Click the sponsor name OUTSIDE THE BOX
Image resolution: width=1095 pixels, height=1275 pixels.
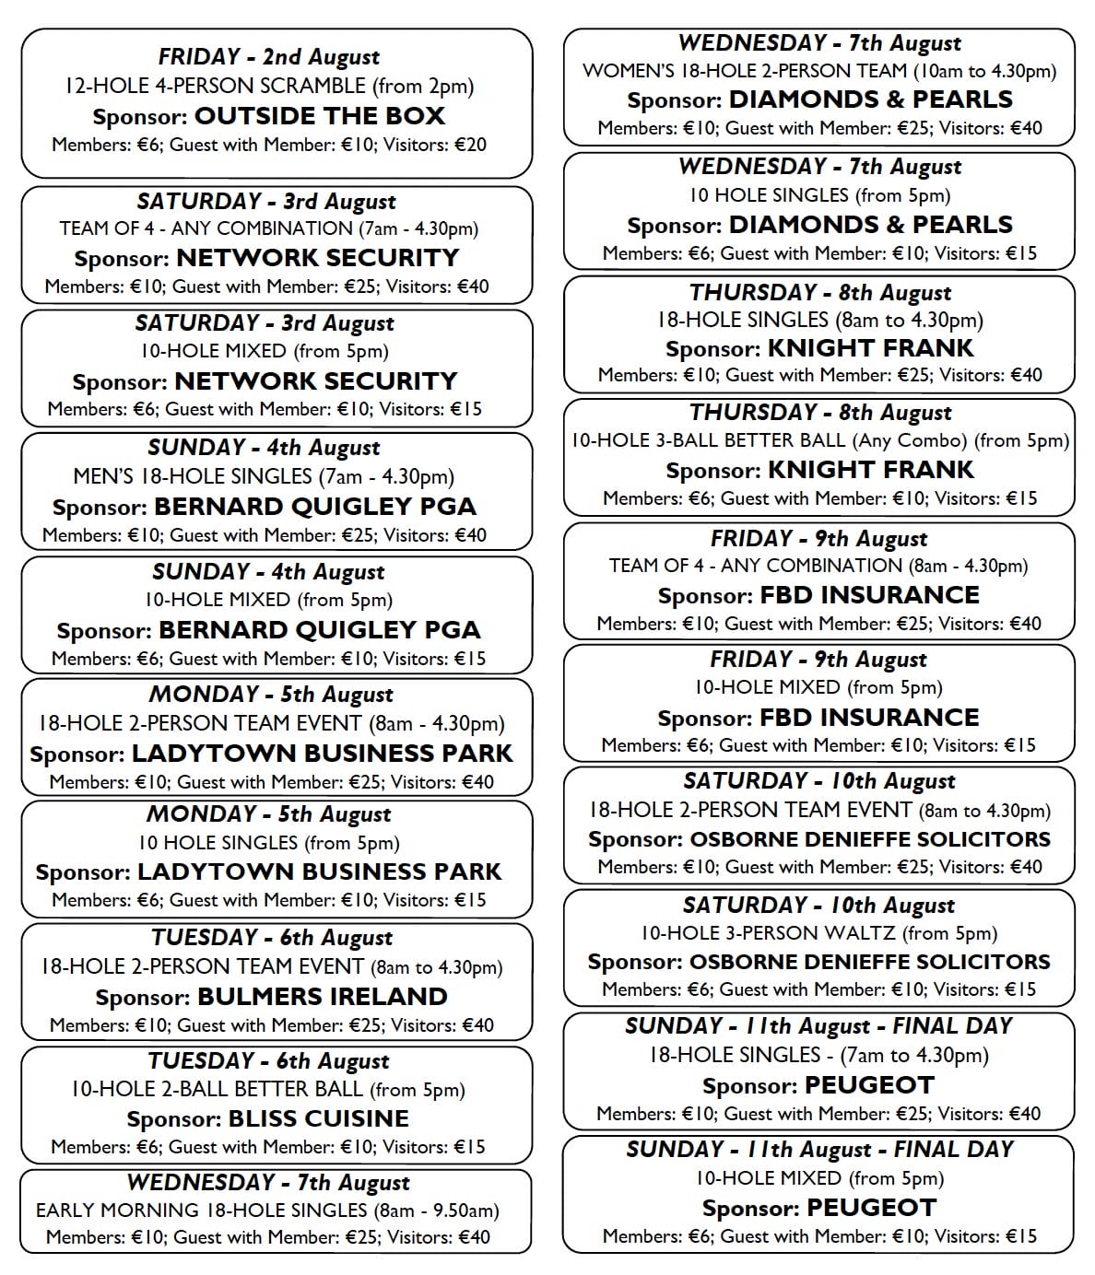(x=319, y=116)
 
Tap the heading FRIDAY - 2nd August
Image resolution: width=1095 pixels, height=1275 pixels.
(x=269, y=57)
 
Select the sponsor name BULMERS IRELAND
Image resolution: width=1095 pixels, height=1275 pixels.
(x=322, y=997)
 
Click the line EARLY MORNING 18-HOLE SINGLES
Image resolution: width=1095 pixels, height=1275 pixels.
(x=267, y=1210)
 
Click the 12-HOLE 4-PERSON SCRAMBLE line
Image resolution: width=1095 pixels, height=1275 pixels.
(x=269, y=86)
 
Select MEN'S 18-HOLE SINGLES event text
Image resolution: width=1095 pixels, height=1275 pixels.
(x=264, y=476)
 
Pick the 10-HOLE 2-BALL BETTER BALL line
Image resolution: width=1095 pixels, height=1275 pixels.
(x=267, y=1089)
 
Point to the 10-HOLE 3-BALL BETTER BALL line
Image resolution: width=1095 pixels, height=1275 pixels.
(x=819, y=440)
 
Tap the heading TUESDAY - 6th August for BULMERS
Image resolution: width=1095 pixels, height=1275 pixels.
(x=272, y=938)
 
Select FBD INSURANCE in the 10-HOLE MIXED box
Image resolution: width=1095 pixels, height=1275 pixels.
(x=869, y=718)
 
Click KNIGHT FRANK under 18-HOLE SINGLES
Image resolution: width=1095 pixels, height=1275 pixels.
(x=870, y=348)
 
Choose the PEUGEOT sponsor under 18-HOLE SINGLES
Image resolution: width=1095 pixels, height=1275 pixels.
(x=870, y=1085)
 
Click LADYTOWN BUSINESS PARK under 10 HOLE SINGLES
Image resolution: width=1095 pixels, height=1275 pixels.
(x=319, y=871)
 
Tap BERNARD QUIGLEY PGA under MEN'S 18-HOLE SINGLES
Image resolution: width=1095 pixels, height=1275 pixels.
(x=314, y=507)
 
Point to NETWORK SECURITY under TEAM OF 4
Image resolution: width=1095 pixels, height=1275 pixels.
(x=317, y=258)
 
